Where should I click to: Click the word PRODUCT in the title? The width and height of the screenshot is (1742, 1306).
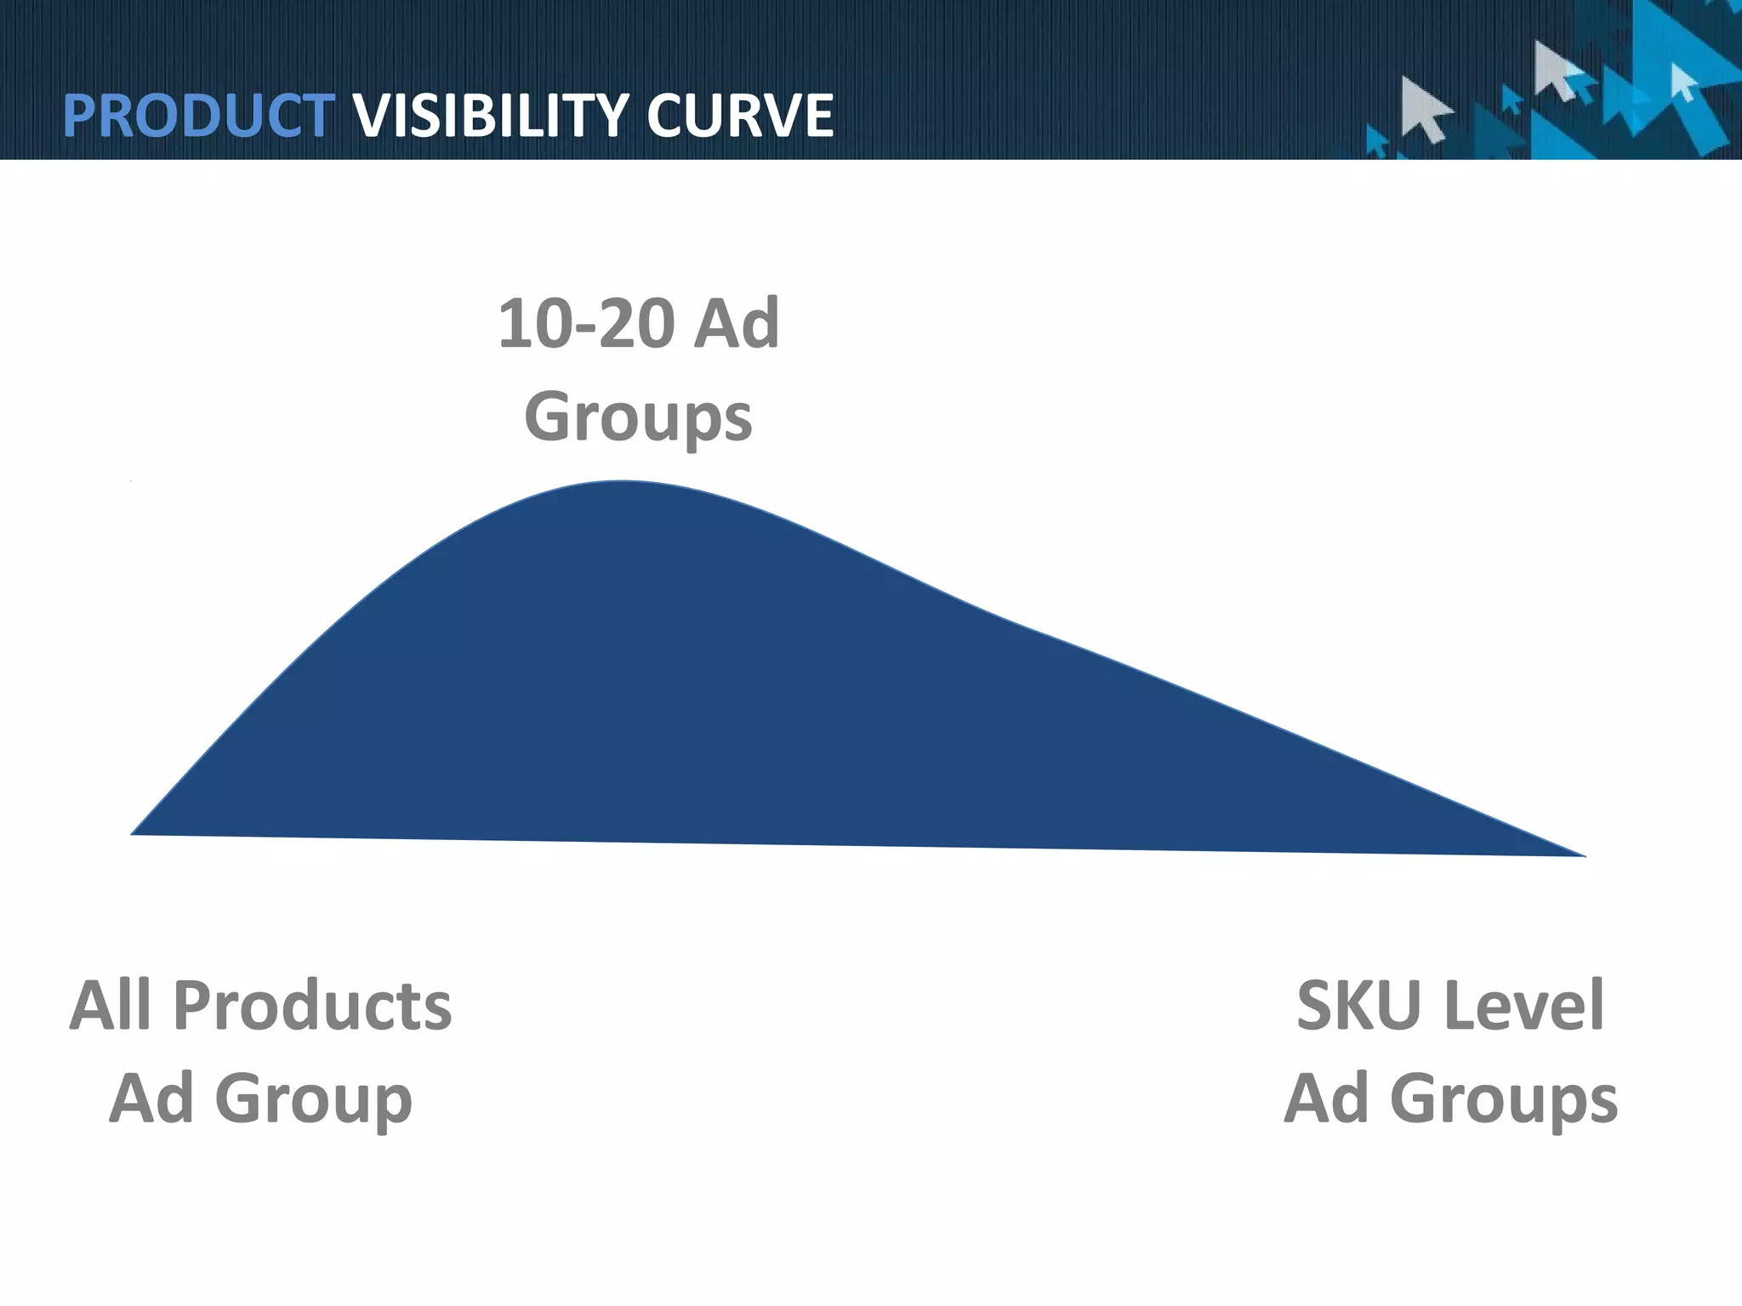point(197,116)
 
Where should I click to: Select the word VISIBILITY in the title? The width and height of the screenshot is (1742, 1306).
point(492,116)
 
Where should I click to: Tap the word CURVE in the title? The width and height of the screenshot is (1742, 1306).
point(739,116)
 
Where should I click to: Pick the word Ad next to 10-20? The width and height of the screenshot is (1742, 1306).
point(737,325)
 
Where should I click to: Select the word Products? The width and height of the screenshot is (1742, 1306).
point(312,1006)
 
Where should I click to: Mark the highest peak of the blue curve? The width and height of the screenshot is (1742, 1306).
point(623,483)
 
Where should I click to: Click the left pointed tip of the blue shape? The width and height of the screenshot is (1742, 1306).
point(134,832)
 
